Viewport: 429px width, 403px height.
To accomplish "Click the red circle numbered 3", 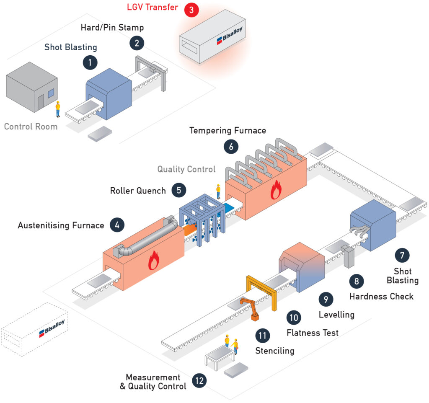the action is tap(191, 10).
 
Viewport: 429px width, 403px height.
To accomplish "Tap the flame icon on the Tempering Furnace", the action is tap(276, 190).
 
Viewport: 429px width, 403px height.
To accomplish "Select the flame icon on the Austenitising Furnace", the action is tap(154, 261).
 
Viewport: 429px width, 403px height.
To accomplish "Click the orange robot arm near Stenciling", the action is tap(251, 309).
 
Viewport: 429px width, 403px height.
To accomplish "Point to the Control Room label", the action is tap(31, 127).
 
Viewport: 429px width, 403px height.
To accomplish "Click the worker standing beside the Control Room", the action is tap(58, 109).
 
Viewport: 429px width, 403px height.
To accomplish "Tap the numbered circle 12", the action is tap(199, 380).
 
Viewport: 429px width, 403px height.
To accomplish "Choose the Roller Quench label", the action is tap(138, 191).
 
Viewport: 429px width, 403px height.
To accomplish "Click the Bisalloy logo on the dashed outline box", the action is tap(52, 328).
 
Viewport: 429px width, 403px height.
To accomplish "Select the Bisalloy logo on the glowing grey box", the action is tap(230, 35).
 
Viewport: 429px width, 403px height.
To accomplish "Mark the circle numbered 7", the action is tap(402, 255).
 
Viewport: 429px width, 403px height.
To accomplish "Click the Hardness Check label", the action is tap(381, 296).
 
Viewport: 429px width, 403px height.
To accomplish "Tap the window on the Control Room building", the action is tap(51, 93).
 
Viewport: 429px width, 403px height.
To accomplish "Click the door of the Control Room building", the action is tap(41, 102).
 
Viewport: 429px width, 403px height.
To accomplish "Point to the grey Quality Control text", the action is tap(186, 169).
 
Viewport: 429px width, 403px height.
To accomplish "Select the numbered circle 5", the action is tap(179, 190).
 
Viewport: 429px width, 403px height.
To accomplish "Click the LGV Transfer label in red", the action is tap(152, 7).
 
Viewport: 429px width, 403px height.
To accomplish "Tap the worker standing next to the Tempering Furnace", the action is tap(218, 191).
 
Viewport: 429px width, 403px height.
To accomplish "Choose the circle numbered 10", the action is tap(294, 318).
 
